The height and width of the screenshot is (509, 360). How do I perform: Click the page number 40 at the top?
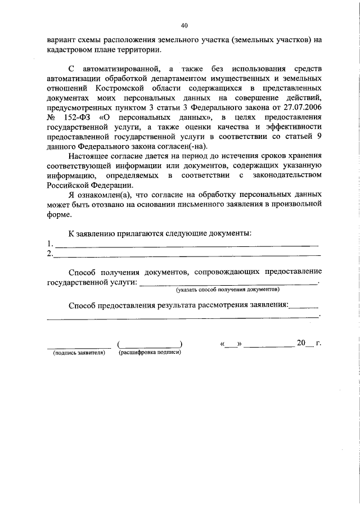[x=184, y=25]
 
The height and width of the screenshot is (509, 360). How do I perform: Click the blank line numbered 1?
[x=186, y=245]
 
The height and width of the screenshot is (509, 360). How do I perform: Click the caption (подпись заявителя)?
[x=79, y=353]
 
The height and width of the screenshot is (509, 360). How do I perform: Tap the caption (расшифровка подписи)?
[x=149, y=353]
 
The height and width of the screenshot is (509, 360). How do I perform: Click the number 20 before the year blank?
[x=301, y=343]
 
